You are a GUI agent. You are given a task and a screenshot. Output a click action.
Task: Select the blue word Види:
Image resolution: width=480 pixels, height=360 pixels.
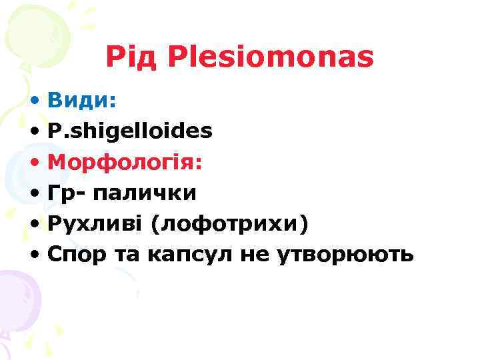82,100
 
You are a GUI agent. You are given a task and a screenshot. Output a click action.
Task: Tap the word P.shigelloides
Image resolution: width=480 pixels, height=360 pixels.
130,131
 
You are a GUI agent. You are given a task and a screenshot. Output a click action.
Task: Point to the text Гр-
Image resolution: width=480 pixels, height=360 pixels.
66,193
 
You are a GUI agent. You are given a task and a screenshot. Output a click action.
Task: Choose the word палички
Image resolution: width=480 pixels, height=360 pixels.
144,193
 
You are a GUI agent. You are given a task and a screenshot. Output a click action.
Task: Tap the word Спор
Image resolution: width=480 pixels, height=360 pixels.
73,255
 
